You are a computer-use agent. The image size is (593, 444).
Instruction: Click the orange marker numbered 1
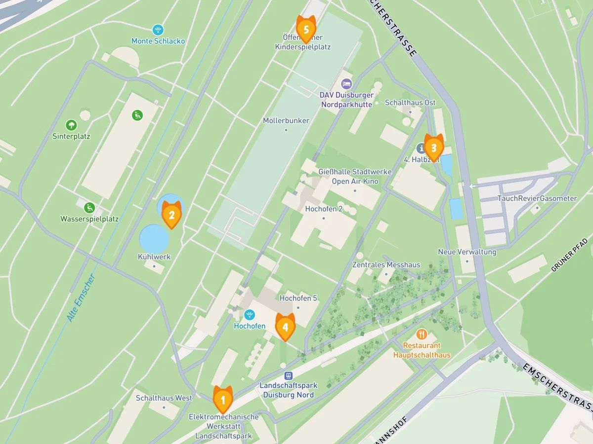222,399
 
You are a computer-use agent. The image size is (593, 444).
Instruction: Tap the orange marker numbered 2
171,215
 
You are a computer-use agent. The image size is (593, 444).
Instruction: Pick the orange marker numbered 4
285,327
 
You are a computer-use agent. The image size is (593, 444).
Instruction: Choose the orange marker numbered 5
306,29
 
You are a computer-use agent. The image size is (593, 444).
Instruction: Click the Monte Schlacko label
158,41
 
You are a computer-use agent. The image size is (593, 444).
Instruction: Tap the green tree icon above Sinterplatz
71,125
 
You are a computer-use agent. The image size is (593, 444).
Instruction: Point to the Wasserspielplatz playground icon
89,207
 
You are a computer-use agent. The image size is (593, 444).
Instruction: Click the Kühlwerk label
154,257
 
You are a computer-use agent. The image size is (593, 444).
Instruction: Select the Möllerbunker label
286,120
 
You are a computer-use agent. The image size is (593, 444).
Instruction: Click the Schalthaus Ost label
410,103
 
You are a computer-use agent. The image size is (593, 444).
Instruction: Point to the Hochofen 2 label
324,209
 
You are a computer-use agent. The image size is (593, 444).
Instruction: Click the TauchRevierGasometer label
537,198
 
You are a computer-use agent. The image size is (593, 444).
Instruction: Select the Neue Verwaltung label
467,252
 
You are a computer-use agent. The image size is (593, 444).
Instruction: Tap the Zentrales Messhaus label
386,265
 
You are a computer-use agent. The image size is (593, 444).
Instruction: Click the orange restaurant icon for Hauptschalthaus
422,334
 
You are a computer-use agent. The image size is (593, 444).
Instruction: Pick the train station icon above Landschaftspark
289,375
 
